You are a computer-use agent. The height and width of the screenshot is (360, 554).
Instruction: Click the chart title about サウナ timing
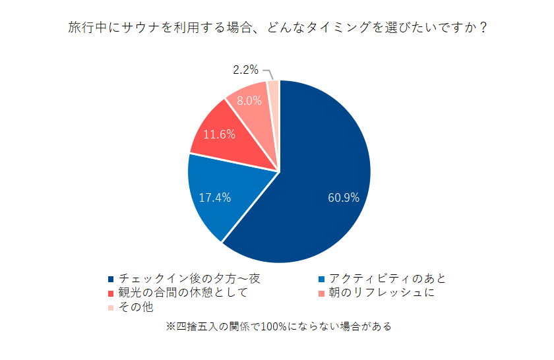tap(277, 28)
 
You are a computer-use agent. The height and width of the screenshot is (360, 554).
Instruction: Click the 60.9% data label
tap(344, 197)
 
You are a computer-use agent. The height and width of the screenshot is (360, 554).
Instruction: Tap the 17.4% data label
tap(215, 197)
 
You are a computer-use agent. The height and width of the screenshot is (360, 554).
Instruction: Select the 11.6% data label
tap(219, 135)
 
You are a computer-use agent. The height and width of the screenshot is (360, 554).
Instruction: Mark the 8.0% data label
tap(249, 101)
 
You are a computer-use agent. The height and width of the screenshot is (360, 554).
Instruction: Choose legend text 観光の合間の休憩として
tap(183, 293)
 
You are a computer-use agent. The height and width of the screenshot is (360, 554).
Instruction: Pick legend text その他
tap(135, 307)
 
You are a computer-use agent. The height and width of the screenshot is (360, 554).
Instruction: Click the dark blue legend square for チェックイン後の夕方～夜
tap(110, 280)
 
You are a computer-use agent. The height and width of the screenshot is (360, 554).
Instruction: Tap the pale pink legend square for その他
tap(110, 307)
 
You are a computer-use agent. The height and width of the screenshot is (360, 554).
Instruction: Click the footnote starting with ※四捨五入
tap(277, 326)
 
